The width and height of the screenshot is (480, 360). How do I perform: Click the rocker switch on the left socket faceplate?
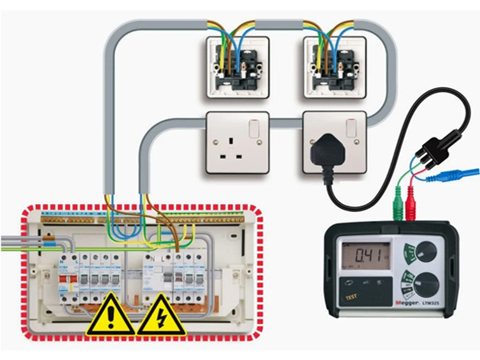coord(254,128)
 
